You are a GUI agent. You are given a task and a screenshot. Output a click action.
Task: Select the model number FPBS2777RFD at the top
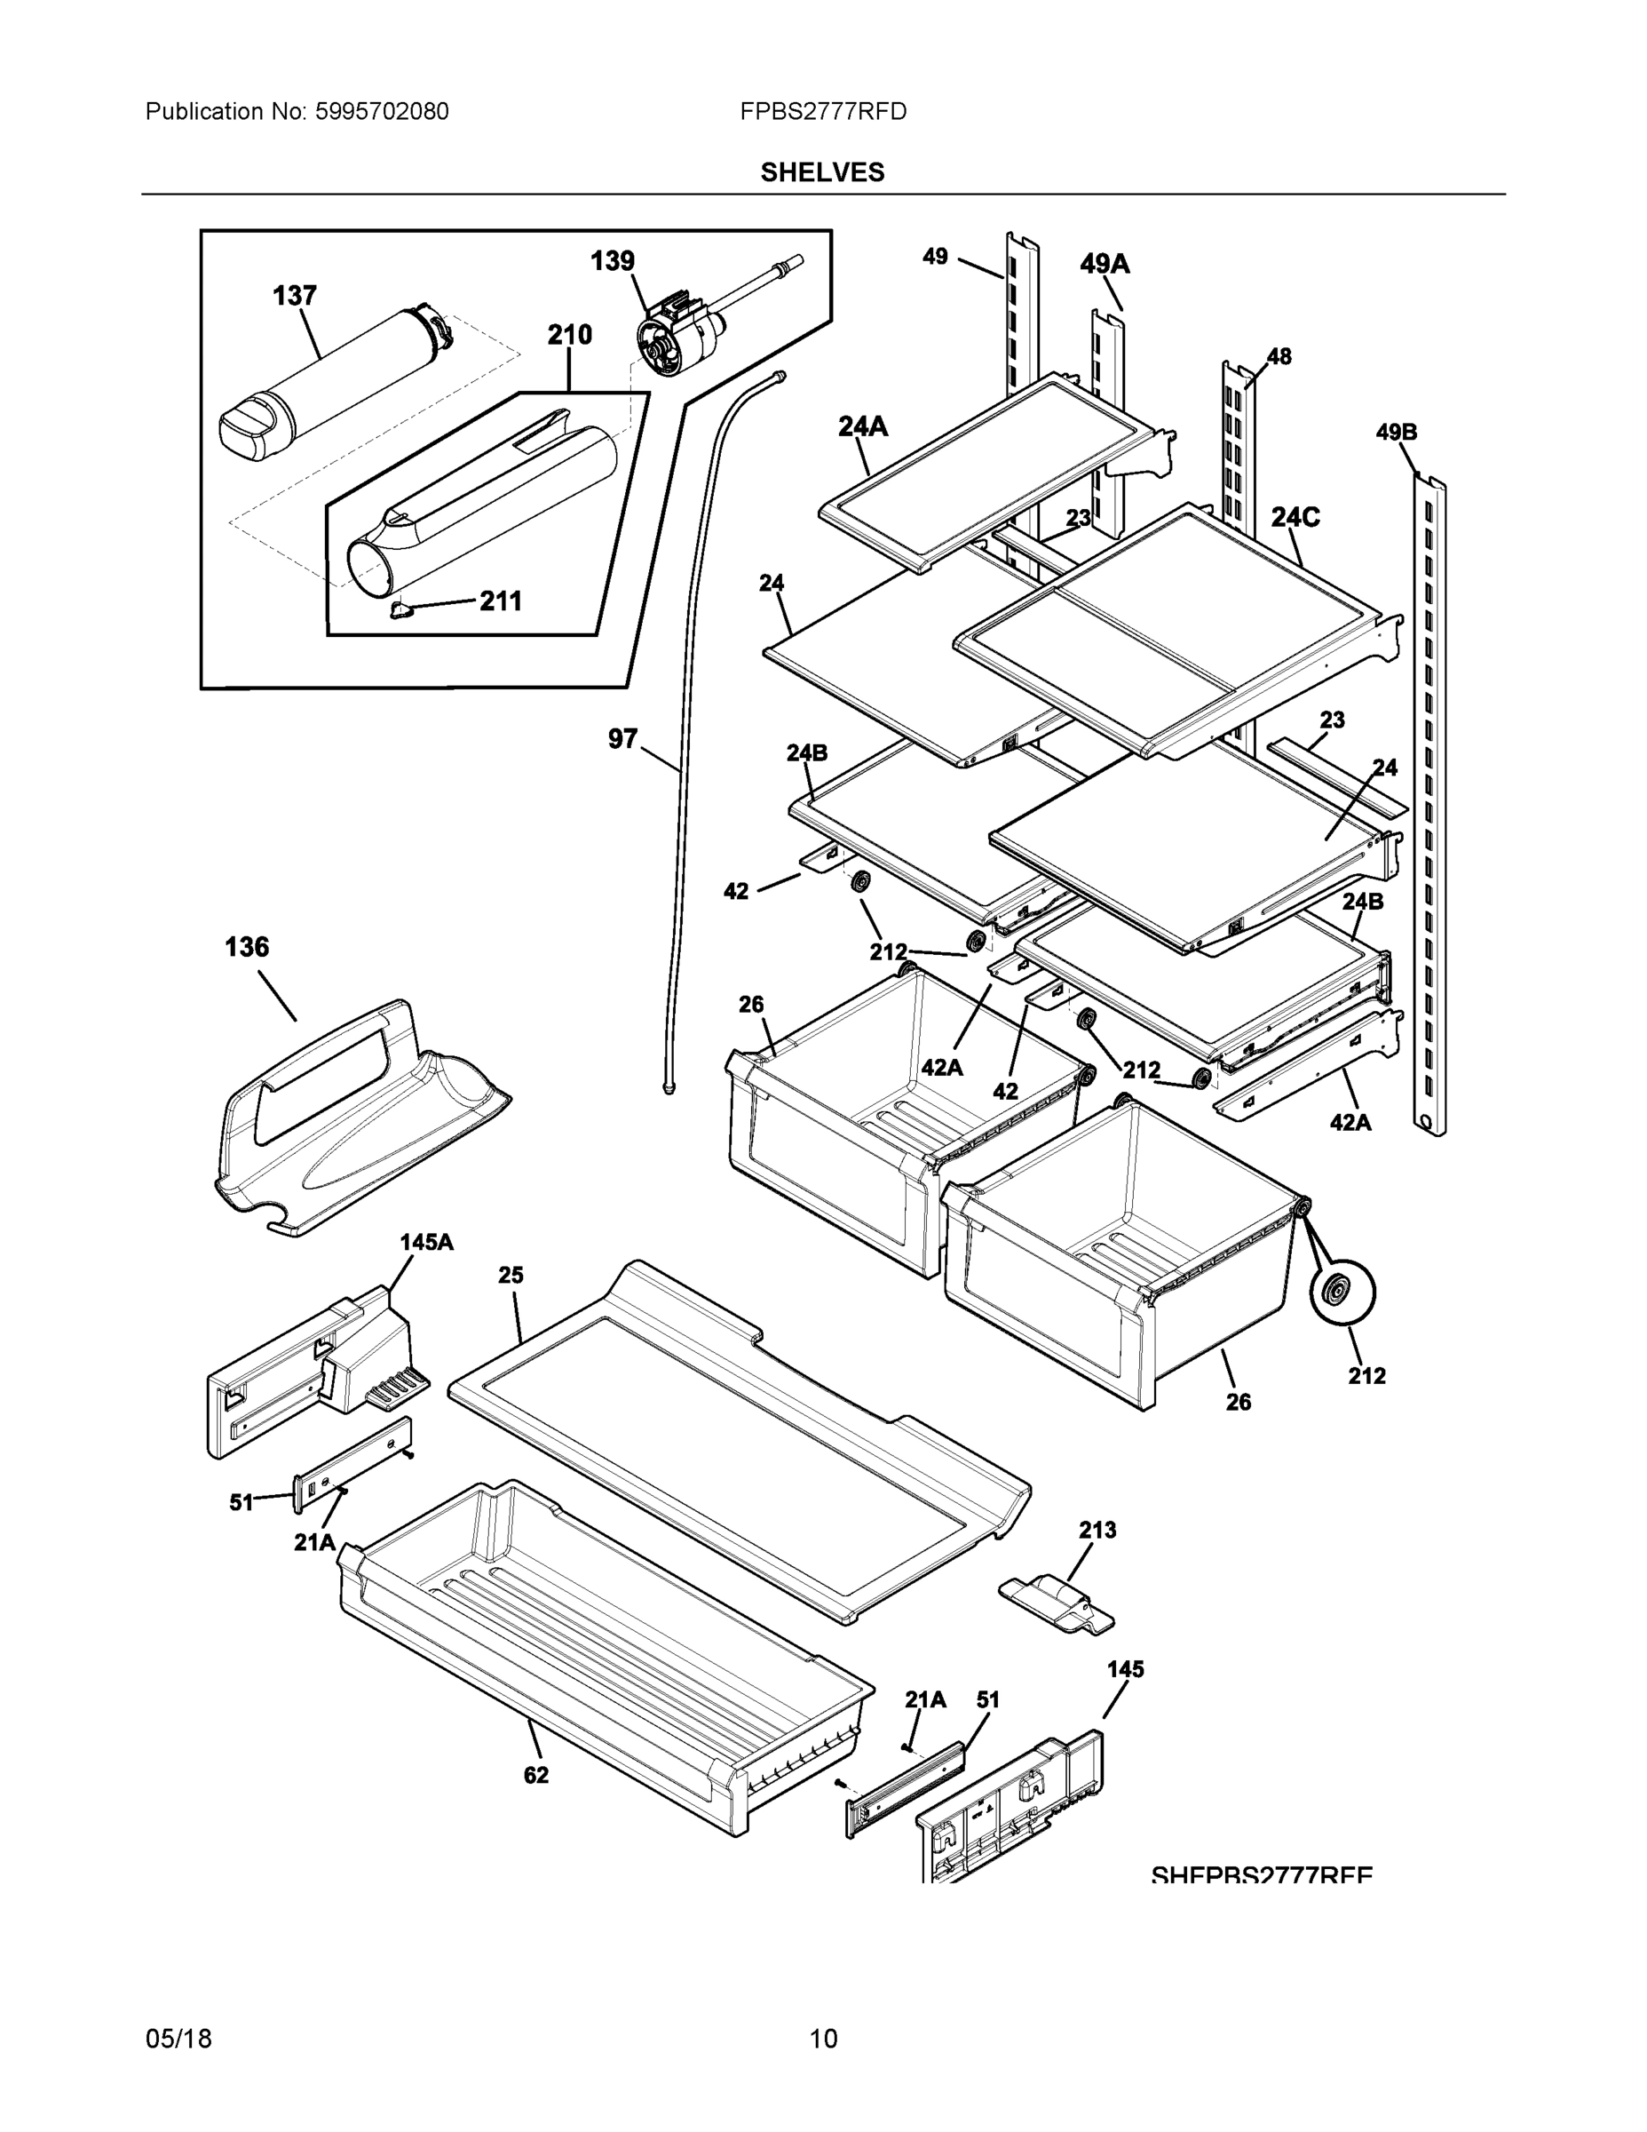[x=822, y=112]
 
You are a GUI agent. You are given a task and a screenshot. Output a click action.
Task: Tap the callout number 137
[x=294, y=296]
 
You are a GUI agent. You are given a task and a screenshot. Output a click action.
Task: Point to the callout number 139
[x=613, y=262]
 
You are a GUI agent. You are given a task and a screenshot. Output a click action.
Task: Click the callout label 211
[x=501, y=601]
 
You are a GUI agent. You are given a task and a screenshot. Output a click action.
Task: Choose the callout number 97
[x=622, y=739]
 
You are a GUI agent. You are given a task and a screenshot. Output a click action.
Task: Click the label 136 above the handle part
[x=247, y=947]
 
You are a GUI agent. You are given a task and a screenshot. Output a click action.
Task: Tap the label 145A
[x=426, y=1243]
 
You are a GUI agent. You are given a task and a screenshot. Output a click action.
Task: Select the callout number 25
[x=511, y=1275]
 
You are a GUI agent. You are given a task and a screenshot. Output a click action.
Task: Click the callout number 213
[x=1097, y=1530]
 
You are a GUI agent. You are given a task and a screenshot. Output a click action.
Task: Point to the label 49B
[x=1397, y=433]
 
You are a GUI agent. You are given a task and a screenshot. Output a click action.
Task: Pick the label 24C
[x=1295, y=517]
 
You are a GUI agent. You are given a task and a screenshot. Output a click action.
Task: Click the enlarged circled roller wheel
[x=1342, y=1293]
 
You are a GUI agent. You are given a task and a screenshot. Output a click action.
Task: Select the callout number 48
[x=1279, y=356]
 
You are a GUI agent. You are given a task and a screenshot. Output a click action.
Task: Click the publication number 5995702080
[x=382, y=112]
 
